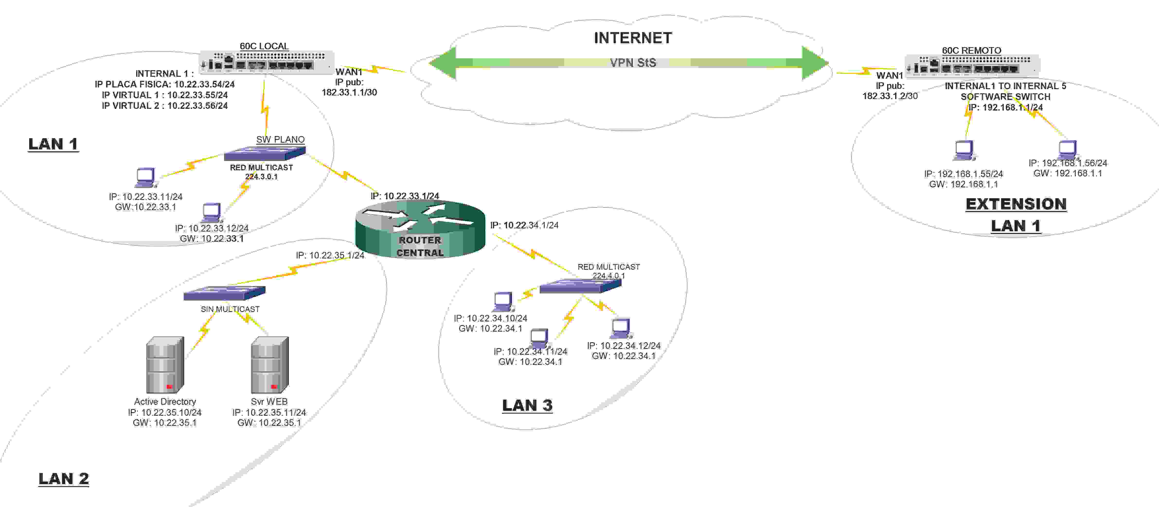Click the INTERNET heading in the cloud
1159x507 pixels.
point(633,38)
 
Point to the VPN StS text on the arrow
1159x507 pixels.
point(633,62)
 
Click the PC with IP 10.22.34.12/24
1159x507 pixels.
point(621,328)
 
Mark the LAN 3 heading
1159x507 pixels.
point(527,405)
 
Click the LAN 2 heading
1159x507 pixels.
point(63,479)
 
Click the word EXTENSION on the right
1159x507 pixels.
point(1016,204)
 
